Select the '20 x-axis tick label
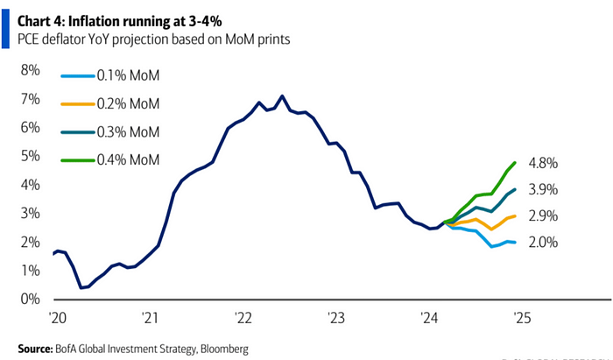(58, 316)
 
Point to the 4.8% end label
(543, 164)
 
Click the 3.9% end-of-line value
(543, 190)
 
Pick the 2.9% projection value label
(543, 216)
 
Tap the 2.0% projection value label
(543, 243)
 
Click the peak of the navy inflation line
(281, 95)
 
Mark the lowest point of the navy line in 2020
(81, 287)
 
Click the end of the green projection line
(515, 162)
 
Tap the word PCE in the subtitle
(29, 38)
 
